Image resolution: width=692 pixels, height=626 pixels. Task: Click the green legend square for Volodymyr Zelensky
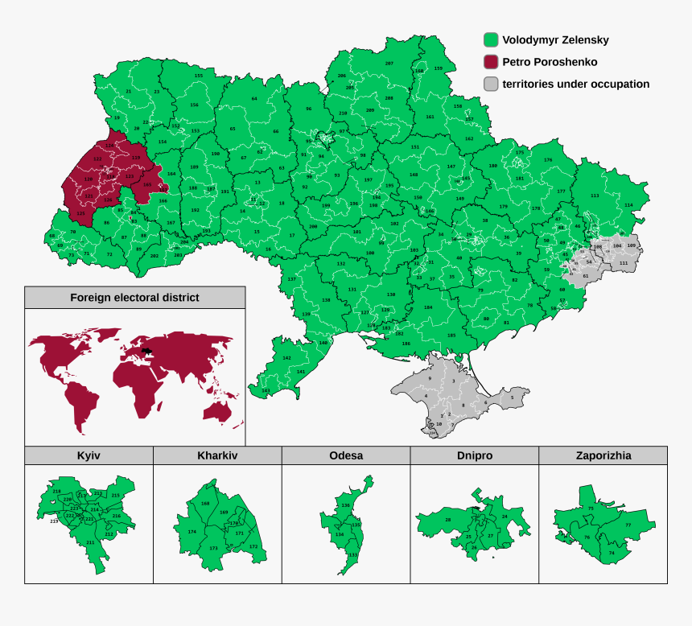[x=490, y=39]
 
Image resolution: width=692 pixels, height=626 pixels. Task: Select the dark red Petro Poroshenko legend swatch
[x=490, y=62]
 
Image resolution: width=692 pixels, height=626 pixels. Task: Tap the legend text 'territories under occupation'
[x=575, y=84]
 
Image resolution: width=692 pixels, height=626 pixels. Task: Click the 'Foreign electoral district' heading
[x=134, y=297]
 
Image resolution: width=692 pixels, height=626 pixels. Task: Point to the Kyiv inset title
[x=89, y=455]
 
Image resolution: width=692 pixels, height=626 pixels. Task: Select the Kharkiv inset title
[x=217, y=455]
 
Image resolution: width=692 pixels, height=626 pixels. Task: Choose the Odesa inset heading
[x=346, y=455]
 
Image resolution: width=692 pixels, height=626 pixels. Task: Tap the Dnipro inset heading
[x=475, y=455]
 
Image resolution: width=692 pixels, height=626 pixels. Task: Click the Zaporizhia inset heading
[x=603, y=455]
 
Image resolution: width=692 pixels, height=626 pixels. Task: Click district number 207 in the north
[x=389, y=63]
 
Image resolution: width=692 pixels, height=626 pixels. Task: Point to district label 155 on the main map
[x=198, y=76]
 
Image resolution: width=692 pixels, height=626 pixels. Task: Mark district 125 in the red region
[x=80, y=214]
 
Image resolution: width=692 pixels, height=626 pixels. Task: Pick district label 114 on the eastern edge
[x=628, y=204]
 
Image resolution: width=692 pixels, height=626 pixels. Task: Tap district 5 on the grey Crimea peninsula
[x=512, y=397]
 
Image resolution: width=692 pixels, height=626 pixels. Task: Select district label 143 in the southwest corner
[x=266, y=390]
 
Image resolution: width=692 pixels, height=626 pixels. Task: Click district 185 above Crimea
[x=451, y=335]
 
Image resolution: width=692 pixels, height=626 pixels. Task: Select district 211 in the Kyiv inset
[x=90, y=542]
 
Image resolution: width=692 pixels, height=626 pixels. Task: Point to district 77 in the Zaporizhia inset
[x=628, y=525]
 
